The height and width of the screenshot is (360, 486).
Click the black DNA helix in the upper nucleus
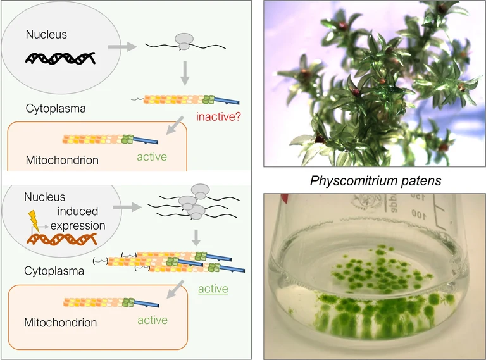click(x=60, y=58)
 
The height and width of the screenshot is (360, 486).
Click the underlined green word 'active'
click(x=213, y=289)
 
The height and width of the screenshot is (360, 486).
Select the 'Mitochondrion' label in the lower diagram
click(x=61, y=322)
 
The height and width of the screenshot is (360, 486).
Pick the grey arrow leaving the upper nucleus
click(x=122, y=46)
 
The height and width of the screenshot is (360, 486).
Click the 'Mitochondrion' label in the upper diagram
click(x=62, y=160)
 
